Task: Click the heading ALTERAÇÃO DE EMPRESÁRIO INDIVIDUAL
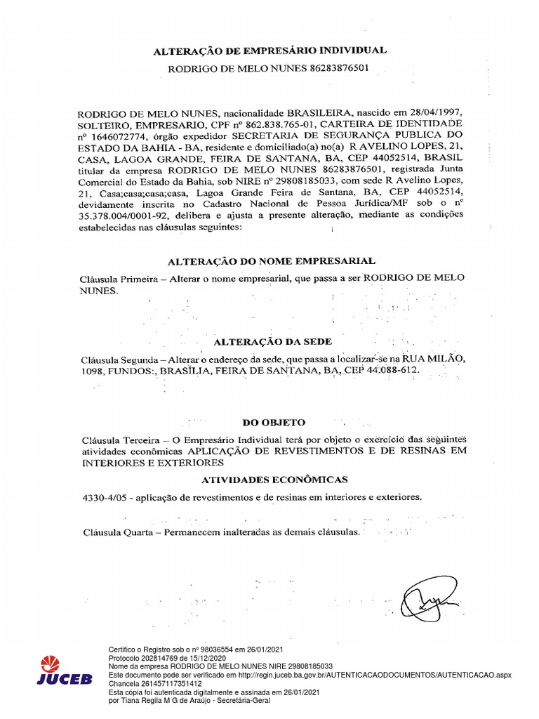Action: [269, 50]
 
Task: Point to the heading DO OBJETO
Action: [274, 423]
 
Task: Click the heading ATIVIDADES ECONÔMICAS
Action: [274, 480]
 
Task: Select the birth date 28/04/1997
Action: [434, 113]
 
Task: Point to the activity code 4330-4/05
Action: [105, 497]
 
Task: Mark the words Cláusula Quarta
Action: [115, 532]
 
